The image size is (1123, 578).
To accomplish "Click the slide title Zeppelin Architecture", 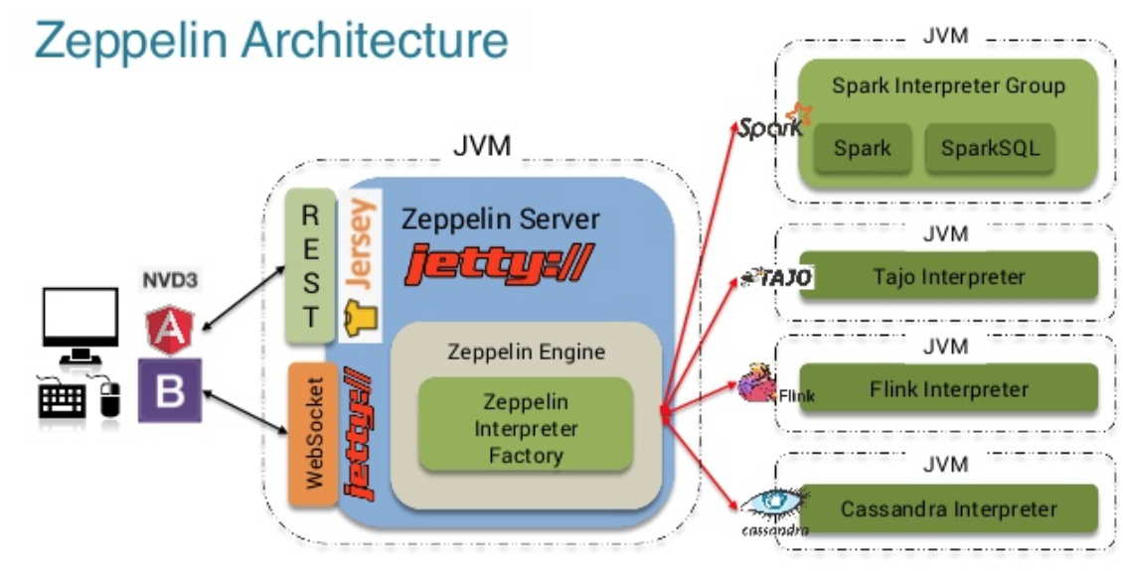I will pyautogui.click(x=270, y=42).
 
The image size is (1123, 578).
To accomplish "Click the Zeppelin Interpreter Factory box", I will pyautogui.click(x=525, y=428).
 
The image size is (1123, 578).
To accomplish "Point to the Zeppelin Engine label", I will pyautogui.click(x=525, y=352).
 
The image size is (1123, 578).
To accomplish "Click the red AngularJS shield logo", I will pyautogui.click(x=170, y=329).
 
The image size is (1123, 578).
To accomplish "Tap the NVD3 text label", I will pyautogui.click(x=170, y=280).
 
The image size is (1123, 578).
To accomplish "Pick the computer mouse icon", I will pyautogui.click(x=110, y=399).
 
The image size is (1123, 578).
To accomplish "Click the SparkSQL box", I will pyautogui.click(x=989, y=149).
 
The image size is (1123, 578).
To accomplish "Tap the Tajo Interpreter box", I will pyautogui.click(x=948, y=276).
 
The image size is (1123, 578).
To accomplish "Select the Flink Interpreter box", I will pyautogui.click(x=948, y=389).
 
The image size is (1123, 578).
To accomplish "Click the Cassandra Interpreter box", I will pyautogui.click(x=948, y=509).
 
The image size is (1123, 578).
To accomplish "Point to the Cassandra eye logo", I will pyautogui.click(x=771, y=502).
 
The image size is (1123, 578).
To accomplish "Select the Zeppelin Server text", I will pyautogui.click(x=500, y=218).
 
